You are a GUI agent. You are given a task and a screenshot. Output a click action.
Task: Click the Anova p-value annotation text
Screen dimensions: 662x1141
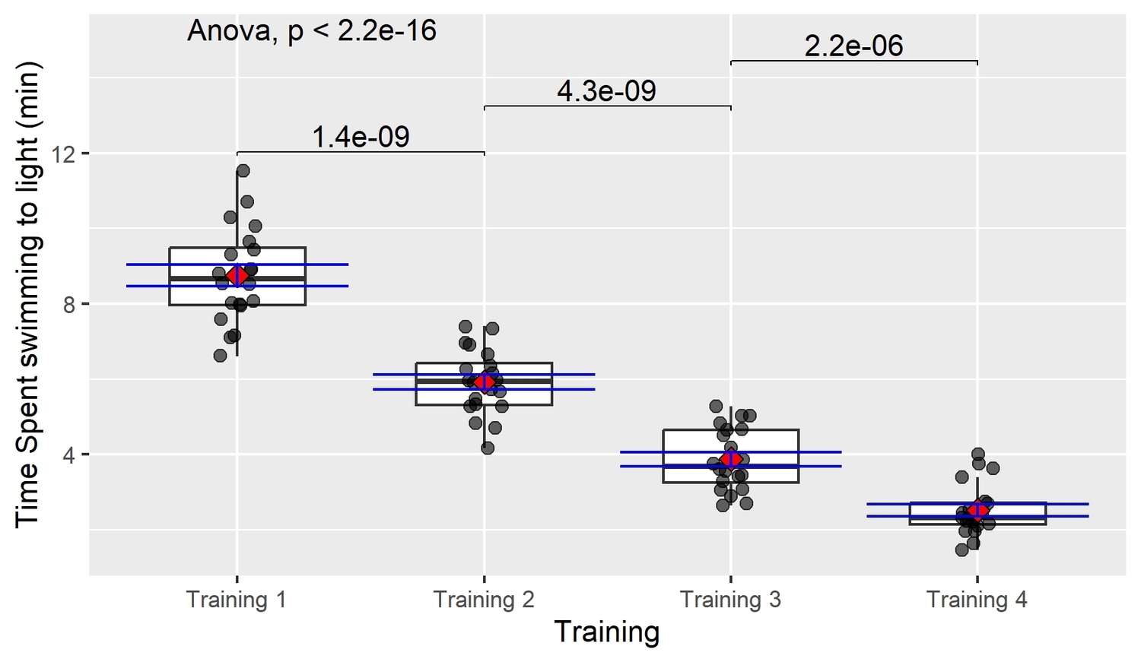tap(312, 30)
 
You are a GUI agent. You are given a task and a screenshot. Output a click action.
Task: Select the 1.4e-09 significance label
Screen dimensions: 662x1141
tap(361, 137)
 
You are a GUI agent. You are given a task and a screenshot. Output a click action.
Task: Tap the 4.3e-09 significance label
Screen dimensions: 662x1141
tap(606, 91)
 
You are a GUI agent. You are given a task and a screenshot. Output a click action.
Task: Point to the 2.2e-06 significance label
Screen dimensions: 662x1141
tap(853, 46)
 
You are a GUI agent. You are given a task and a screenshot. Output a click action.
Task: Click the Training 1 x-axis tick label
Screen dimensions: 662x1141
tap(237, 600)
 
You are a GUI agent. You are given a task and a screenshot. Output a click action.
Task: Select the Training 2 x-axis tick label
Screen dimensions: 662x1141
tap(484, 600)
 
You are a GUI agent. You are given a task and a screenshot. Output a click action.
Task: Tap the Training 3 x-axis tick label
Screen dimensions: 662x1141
tap(730, 600)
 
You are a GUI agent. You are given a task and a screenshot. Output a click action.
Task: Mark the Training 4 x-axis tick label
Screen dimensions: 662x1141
tap(977, 600)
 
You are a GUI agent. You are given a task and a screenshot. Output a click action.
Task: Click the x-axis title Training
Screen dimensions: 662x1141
tap(606, 632)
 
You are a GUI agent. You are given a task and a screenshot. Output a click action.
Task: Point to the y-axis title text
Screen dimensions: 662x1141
tap(27, 294)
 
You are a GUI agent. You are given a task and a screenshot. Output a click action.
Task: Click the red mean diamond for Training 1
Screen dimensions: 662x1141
tap(237, 275)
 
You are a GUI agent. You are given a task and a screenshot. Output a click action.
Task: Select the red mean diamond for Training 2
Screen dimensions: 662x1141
tap(485, 382)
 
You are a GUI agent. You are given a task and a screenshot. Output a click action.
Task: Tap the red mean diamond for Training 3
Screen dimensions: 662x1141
tap(731, 459)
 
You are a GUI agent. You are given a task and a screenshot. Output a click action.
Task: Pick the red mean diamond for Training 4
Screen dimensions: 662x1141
tap(977, 510)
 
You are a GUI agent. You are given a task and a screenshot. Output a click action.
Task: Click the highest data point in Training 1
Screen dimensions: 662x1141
tap(243, 171)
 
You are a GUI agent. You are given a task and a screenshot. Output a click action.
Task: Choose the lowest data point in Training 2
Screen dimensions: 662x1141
tap(488, 448)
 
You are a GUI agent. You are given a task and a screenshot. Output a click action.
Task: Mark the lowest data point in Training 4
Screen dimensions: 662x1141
tap(962, 550)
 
